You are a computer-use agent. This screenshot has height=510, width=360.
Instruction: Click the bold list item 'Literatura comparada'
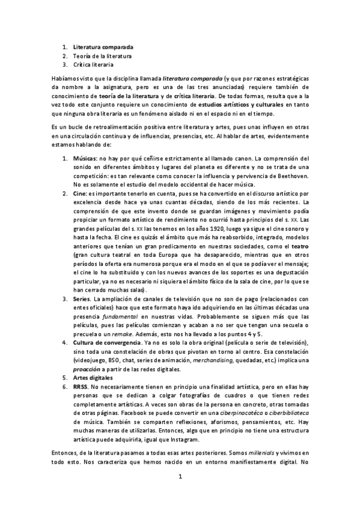103,47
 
